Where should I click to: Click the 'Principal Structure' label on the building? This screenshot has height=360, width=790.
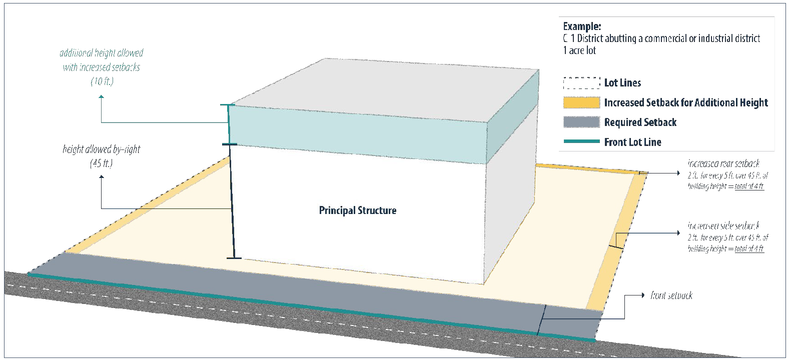[x=358, y=210]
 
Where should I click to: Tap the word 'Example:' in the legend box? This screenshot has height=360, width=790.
[x=582, y=26]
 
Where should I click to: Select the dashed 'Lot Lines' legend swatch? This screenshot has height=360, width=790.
[x=581, y=83]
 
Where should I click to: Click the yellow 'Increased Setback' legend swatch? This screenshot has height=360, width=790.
[x=581, y=102]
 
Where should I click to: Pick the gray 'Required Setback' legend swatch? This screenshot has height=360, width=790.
[x=581, y=122]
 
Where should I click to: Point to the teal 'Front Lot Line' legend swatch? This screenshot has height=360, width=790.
[x=581, y=142]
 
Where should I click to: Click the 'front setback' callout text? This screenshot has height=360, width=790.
[x=671, y=295]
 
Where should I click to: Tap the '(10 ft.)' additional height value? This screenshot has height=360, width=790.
[x=102, y=81]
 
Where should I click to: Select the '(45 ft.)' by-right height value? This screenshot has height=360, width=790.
[x=102, y=163]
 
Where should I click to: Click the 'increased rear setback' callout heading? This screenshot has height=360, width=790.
[x=723, y=163]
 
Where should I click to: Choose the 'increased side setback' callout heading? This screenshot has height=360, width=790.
[x=723, y=226]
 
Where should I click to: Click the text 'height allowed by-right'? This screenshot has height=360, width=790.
[x=102, y=149]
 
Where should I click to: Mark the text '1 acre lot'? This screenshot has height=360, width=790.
[x=579, y=50]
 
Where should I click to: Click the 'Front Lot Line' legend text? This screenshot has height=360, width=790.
[x=632, y=142]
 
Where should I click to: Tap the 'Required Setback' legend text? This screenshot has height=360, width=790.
[x=640, y=122]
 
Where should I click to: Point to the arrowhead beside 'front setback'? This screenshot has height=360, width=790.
[x=643, y=295]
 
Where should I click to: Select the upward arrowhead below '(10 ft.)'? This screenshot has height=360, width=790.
[x=102, y=97]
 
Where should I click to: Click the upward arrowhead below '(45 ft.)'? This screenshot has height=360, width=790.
[x=102, y=177]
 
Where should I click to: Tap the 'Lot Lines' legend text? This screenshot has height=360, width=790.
[x=622, y=83]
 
